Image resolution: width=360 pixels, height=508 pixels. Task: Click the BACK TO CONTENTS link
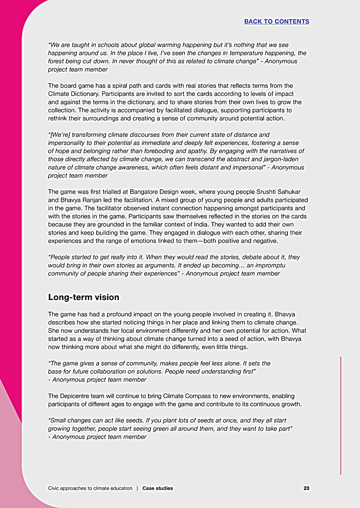[x=276, y=21]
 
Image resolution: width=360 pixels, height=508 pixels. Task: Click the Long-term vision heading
[x=84, y=297]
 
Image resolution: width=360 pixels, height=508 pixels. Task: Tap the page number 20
[x=306, y=488]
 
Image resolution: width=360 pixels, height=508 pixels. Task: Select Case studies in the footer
[x=157, y=488]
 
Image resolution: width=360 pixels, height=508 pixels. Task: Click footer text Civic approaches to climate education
[x=90, y=488]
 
